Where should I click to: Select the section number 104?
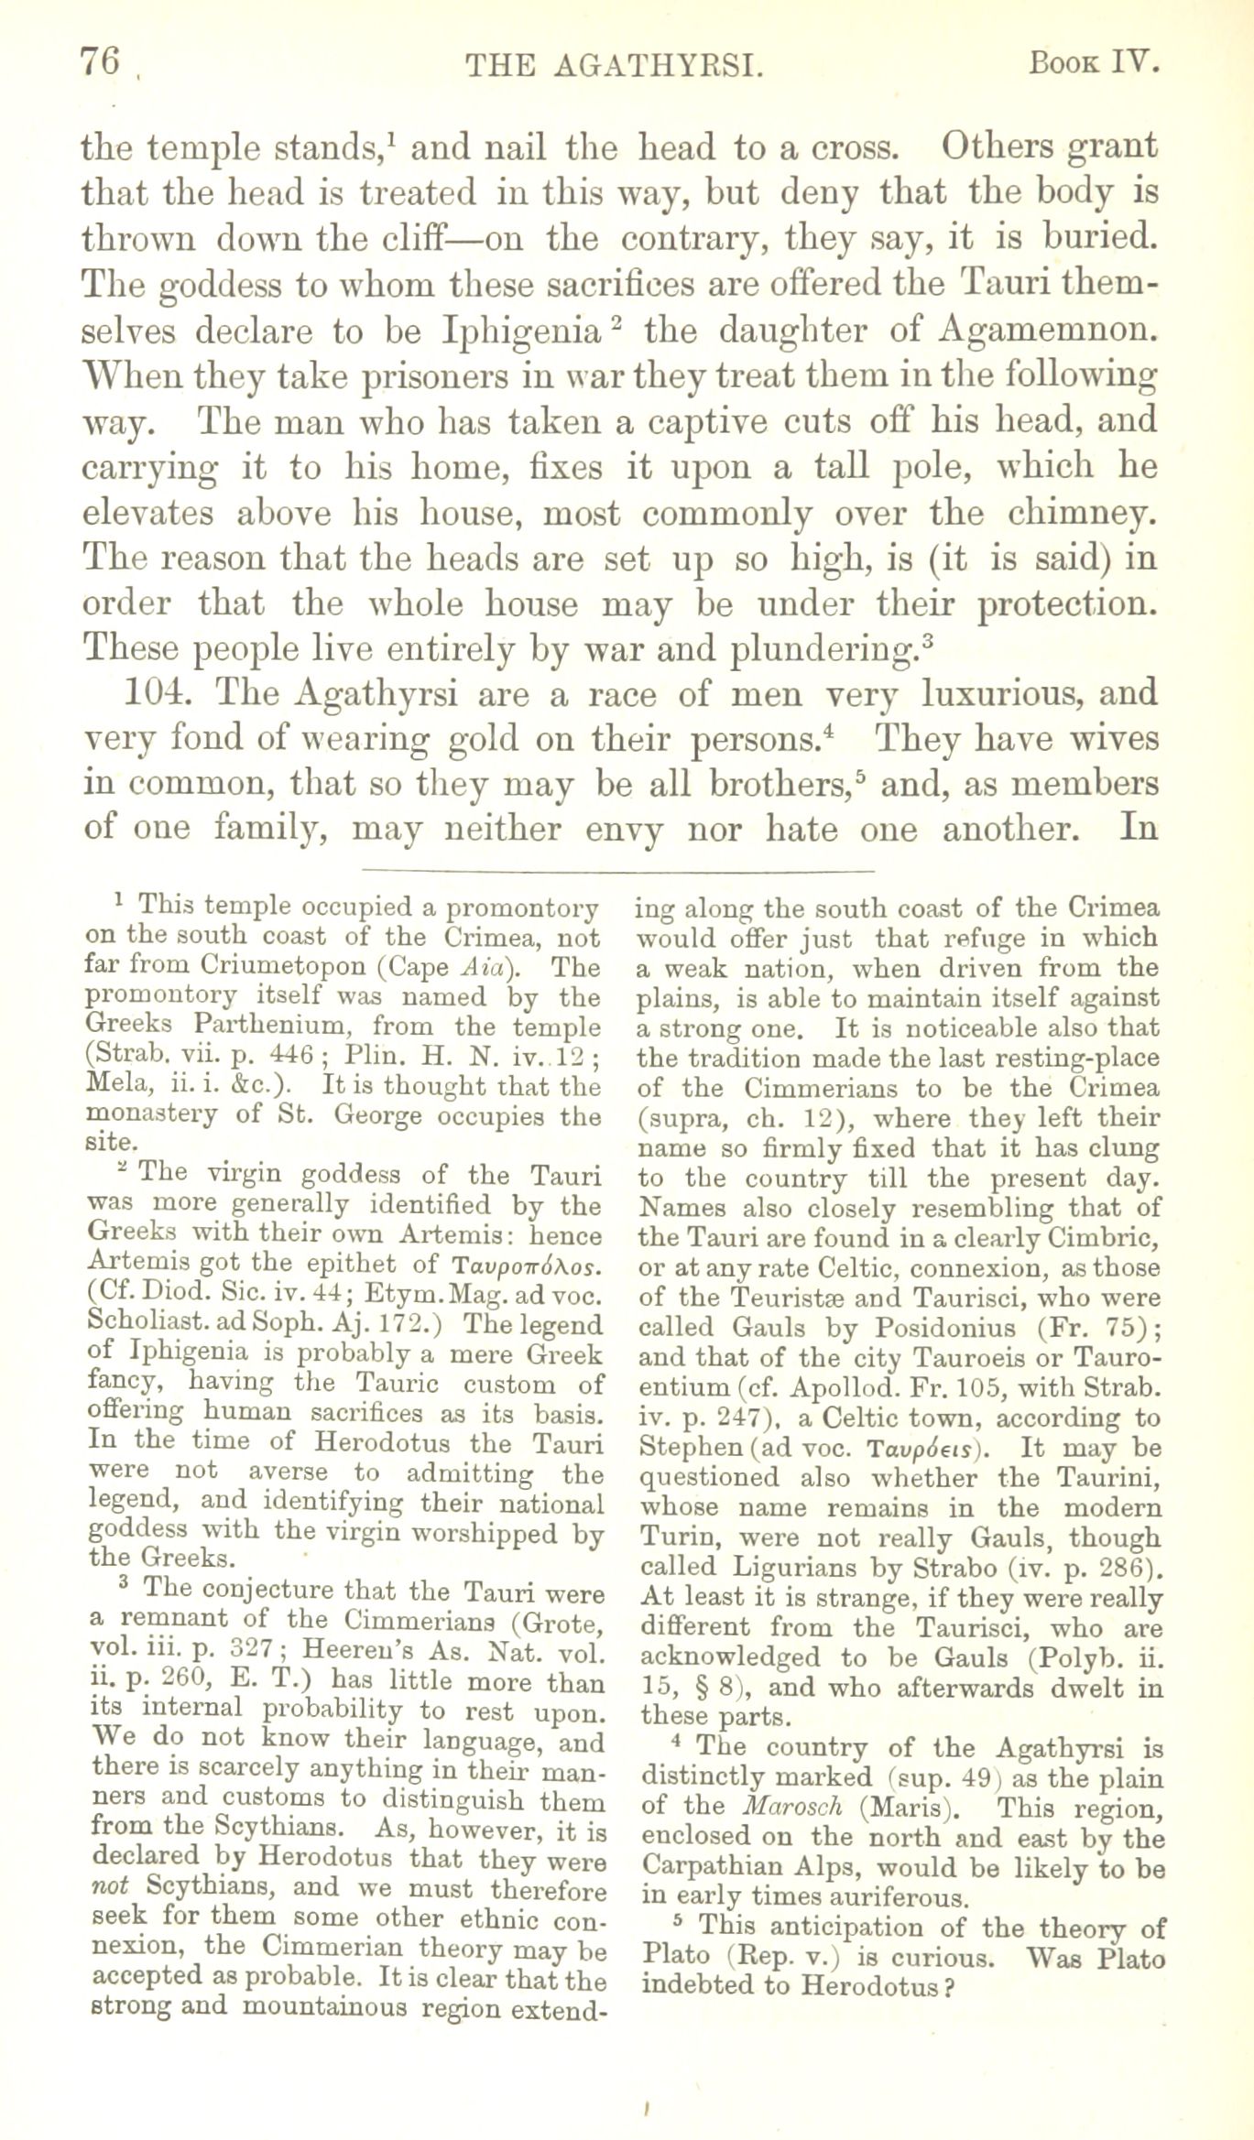pos(157,693)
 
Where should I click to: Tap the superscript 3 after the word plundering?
pos(927,638)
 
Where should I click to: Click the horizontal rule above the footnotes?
pos(619,869)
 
